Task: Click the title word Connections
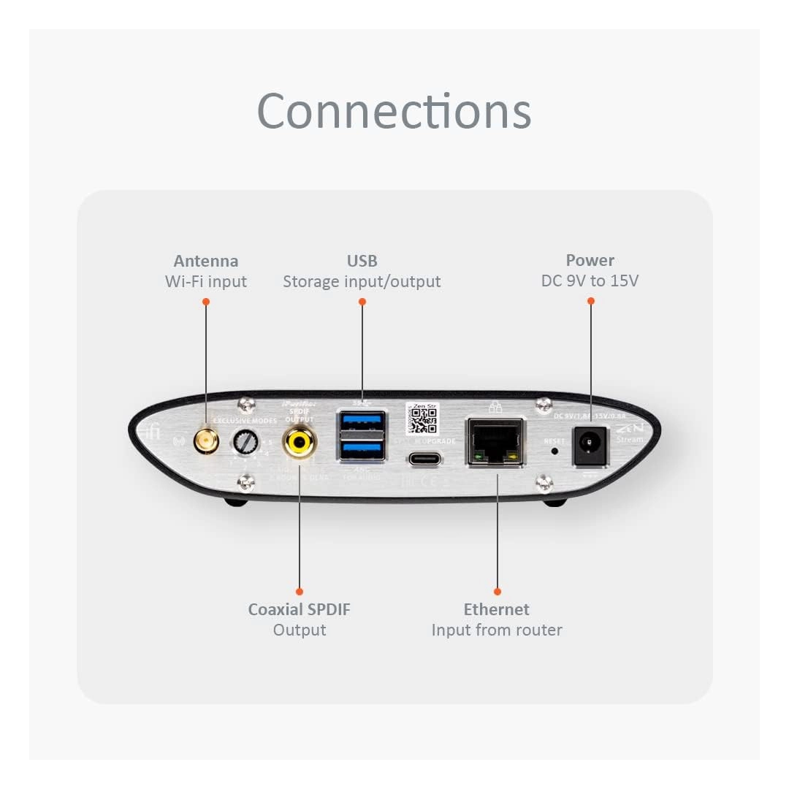tap(394, 111)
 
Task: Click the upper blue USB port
tap(361, 424)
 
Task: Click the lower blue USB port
tap(361, 450)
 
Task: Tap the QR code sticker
tap(421, 418)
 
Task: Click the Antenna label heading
tap(206, 261)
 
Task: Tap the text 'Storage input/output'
tap(362, 281)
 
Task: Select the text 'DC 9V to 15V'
tap(590, 281)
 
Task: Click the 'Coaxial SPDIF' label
tap(300, 609)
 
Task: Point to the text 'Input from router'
tap(497, 630)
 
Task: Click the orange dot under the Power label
tap(590, 300)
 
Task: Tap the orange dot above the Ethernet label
tap(498, 591)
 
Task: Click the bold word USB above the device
tap(362, 261)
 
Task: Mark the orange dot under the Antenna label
tap(206, 300)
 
